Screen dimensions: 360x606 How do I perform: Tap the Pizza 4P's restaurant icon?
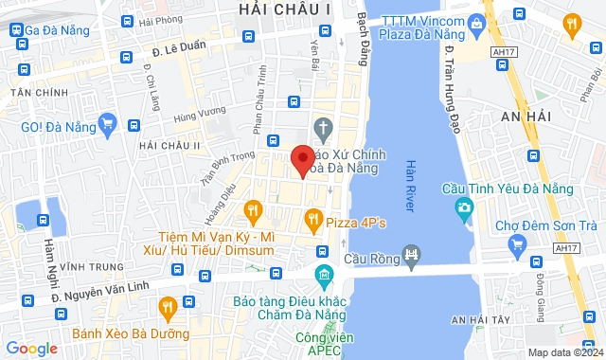click(312, 222)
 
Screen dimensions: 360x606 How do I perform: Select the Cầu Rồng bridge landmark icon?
click(411, 254)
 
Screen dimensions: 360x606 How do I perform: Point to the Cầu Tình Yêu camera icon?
click(464, 207)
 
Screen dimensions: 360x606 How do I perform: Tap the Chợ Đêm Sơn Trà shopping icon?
click(517, 246)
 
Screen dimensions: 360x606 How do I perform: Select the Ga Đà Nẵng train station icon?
click(17, 30)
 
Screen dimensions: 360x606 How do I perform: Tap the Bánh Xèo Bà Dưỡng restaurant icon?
click(168, 306)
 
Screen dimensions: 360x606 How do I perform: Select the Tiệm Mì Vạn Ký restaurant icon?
click(252, 209)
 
